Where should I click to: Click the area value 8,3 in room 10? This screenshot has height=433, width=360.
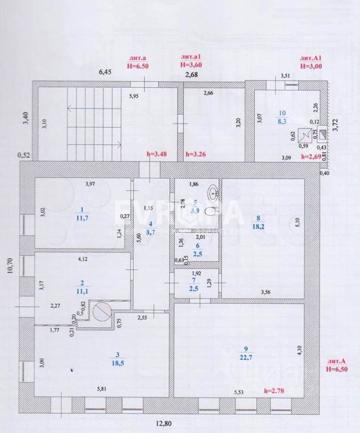(281, 120)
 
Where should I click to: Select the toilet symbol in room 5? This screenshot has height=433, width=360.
(210, 212)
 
